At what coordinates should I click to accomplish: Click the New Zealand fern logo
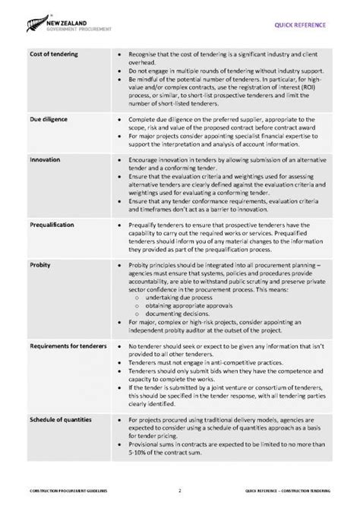(x=36, y=26)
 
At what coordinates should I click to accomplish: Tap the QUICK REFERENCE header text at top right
(x=302, y=25)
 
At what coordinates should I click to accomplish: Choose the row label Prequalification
(x=52, y=226)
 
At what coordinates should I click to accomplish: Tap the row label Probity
(x=40, y=266)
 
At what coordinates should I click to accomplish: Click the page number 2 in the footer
(x=180, y=491)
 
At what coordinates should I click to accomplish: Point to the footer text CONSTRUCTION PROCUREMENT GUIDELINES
(x=68, y=491)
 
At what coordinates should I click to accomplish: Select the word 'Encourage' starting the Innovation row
(x=145, y=161)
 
